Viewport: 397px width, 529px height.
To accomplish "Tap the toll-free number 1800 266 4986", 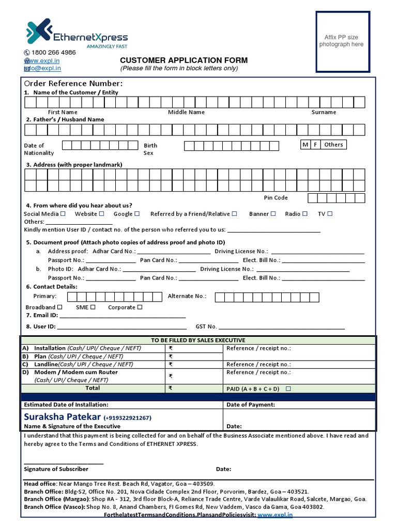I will click(x=53, y=53).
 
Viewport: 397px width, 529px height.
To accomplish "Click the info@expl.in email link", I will click(x=46, y=68).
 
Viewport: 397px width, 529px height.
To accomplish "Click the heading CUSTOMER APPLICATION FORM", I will click(x=184, y=60).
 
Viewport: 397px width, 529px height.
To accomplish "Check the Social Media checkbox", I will click(x=63, y=214).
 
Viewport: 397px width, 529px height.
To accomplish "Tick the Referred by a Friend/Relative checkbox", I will click(x=235, y=214).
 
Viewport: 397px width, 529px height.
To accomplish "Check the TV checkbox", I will click(x=330, y=214).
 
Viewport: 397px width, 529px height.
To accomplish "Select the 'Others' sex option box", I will click(x=333, y=145).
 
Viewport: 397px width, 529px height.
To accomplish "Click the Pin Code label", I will click(x=276, y=198).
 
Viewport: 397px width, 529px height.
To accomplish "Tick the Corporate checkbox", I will click(x=140, y=307).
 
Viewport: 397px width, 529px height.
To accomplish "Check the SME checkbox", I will click(x=93, y=307).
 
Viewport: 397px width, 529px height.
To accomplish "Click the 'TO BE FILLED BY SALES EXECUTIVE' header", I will click(x=198, y=340).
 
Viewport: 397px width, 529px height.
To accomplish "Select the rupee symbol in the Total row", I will click(x=170, y=388).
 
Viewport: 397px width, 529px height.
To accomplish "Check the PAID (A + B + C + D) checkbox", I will click(x=288, y=388).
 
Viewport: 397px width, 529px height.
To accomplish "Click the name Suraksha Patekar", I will click(x=62, y=416).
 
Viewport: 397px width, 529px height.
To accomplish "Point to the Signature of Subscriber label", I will click(x=56, y=469).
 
